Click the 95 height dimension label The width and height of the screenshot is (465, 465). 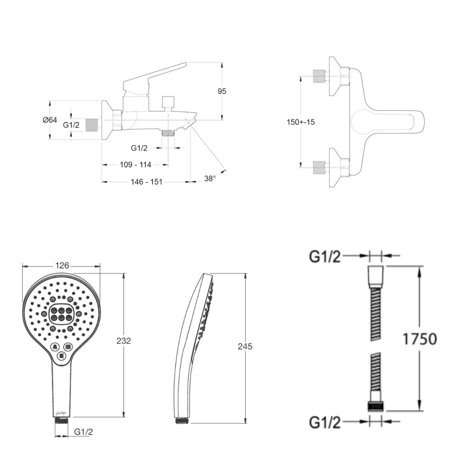point(222,91)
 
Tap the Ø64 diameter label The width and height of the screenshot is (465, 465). point(50,120)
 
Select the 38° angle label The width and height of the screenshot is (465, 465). point(210,179)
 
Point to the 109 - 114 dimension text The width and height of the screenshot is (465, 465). point(135,165)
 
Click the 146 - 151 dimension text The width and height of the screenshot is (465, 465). point(146,182)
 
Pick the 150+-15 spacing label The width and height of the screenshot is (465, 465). point(301,122)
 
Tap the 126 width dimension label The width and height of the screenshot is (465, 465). point(62,266)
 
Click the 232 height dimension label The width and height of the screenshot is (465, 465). point(123,341)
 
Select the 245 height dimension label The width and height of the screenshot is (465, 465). point(245,346)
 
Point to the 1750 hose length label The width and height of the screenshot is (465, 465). point(419,339)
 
